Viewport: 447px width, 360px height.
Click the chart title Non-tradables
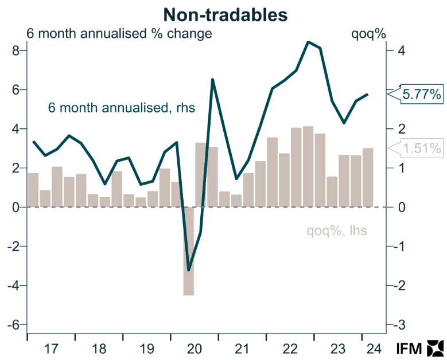[225, 15]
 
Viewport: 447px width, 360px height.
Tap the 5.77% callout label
[421, 94]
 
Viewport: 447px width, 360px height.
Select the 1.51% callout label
[421, 148]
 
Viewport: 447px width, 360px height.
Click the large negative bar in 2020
[188, 251]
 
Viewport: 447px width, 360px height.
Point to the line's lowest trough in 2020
[188, 269]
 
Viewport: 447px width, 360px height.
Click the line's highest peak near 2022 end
[308, 42]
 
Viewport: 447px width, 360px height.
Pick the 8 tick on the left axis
[15, 50]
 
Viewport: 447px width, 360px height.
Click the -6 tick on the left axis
[13, 324]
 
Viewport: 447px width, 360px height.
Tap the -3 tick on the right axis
[399, 324]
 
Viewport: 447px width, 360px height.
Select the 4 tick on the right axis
[402, 50]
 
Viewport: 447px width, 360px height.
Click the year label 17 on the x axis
[51, 349]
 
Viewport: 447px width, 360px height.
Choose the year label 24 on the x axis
[374, 349]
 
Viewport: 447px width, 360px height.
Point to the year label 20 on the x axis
[195, 349]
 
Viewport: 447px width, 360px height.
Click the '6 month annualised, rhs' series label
[122, 108]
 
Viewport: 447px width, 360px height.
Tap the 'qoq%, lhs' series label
[337, 230]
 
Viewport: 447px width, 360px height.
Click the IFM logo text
[409, 349]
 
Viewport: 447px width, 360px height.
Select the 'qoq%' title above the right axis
[368, 34]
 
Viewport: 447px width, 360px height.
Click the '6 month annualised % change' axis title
[119, 34]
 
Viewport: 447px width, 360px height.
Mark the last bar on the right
[368, 178]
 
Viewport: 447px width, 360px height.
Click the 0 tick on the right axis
[402, 208]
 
